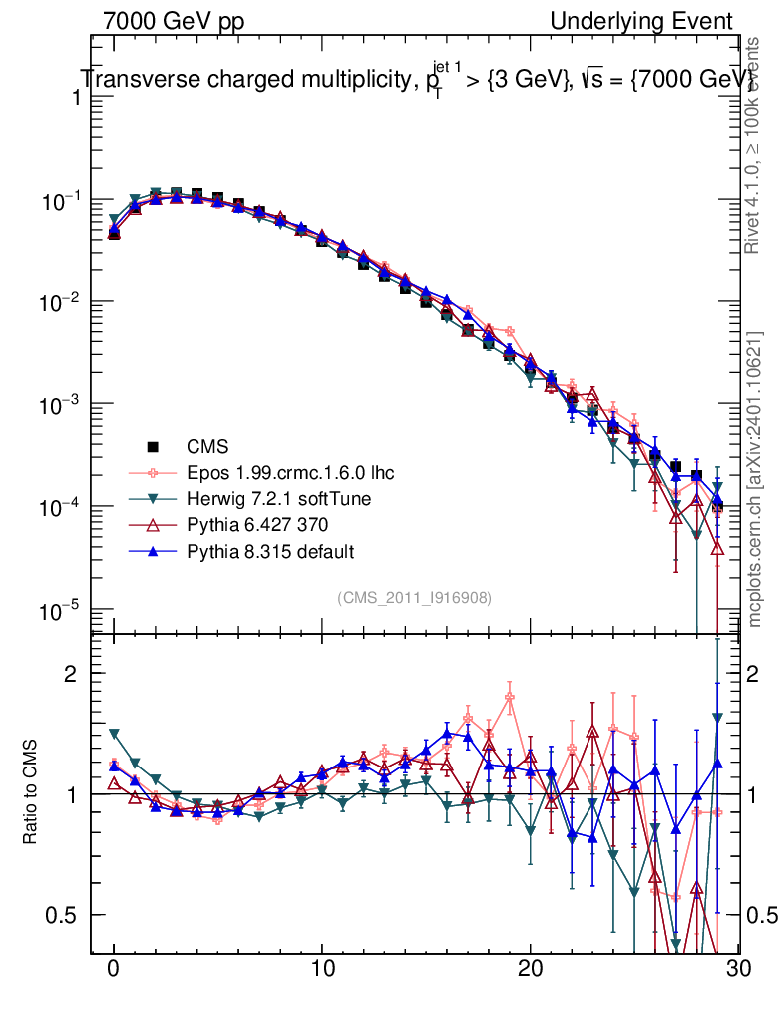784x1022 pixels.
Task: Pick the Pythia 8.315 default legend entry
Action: (269, 551)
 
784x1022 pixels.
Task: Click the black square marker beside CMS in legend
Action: (153, 446)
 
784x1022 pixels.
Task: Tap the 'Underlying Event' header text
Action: (641, 21)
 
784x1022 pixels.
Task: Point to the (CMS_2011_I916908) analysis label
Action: (414, 597)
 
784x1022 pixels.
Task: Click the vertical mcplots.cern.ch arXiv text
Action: (755, 479)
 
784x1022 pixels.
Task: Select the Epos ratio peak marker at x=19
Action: (510, 699)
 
